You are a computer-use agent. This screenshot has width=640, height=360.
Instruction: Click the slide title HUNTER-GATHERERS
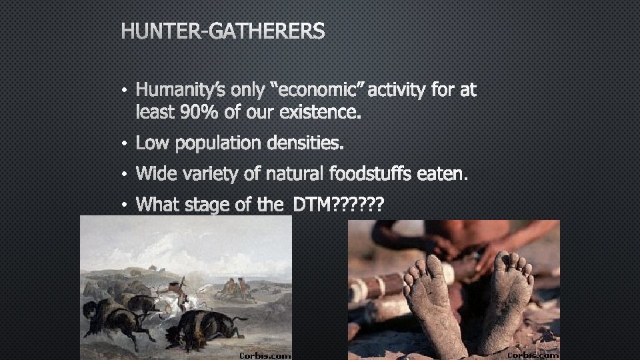223,31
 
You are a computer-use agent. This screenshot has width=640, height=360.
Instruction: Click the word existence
319,114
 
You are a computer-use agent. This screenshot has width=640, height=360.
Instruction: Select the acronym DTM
312,205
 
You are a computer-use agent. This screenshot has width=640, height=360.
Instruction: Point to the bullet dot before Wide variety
125,175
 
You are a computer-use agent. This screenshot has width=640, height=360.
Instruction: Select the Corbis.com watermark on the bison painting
265,355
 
